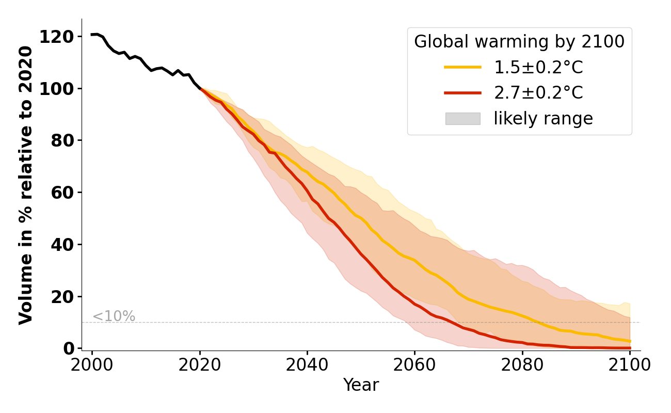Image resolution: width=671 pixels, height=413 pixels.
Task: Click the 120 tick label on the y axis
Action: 57,37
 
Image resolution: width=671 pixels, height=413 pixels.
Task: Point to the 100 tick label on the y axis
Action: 57,89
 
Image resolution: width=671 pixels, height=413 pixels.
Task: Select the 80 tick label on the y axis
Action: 63,140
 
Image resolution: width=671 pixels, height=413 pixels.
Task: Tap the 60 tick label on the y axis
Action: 63,193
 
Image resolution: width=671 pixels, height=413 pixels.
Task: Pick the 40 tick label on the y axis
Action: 63,245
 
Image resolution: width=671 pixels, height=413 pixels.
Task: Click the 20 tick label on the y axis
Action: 63,297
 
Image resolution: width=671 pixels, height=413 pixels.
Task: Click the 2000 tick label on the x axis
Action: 92,365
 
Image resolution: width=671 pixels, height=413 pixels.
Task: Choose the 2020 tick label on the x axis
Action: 200,365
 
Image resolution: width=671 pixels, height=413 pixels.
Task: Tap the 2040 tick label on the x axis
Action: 307,365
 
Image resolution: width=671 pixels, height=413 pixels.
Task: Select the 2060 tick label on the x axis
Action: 414,365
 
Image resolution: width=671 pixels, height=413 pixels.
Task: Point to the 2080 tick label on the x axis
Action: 522,365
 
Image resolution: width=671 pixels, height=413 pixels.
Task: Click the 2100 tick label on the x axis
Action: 630,365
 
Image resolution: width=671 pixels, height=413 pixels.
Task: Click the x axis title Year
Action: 361,385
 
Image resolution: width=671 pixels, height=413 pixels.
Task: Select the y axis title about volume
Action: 26,185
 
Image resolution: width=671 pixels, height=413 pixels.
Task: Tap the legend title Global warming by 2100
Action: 519,42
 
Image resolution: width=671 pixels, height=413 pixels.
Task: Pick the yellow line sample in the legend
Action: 462,67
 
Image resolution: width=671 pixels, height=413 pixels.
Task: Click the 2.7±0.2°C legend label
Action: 538,93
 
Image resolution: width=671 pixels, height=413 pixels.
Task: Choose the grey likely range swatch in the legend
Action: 462,119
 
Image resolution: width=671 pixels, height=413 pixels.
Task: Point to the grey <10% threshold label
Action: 114,316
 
